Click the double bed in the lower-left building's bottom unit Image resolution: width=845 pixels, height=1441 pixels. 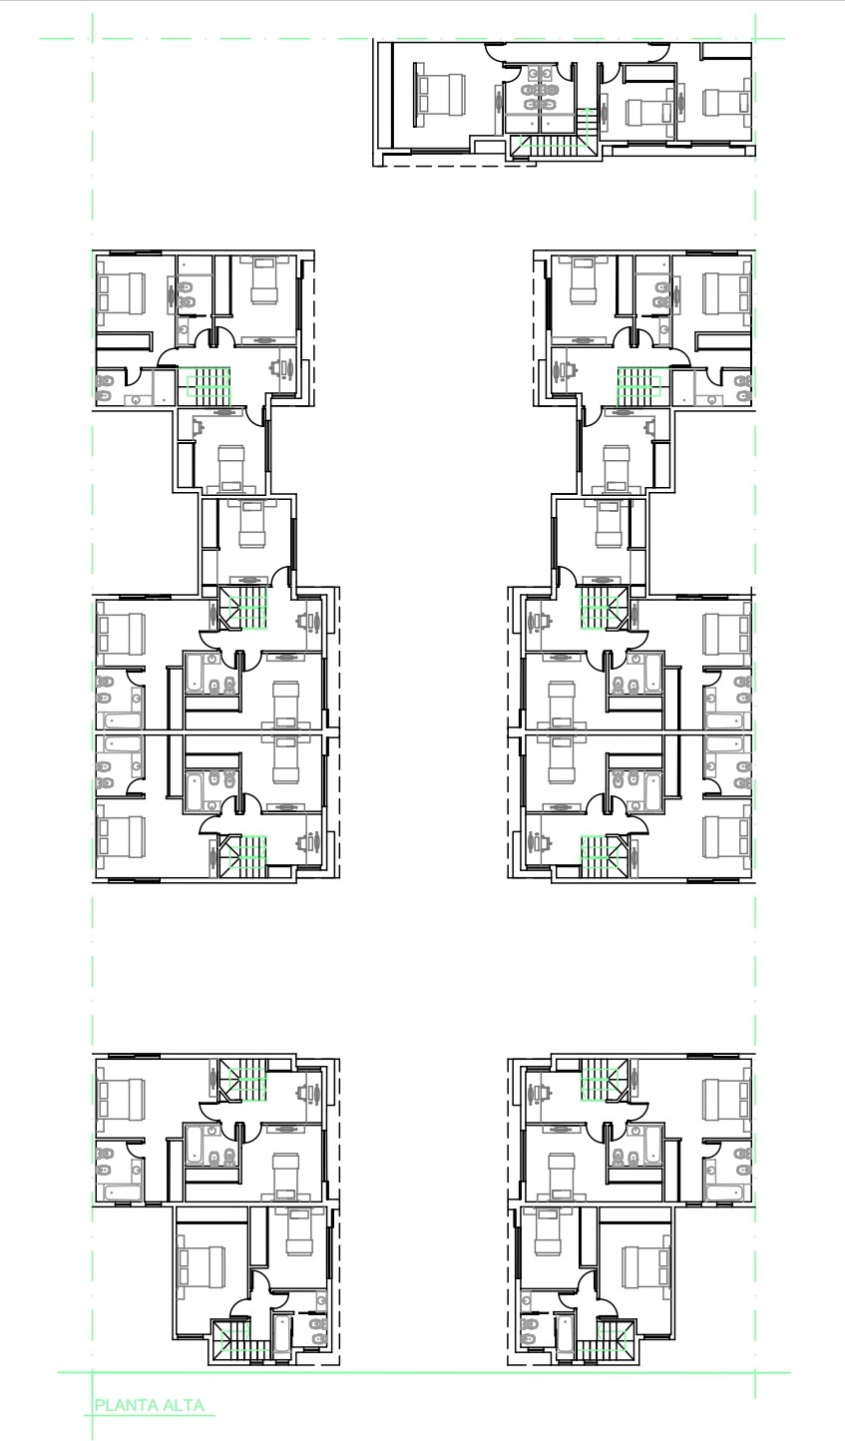[x=202, y=1267]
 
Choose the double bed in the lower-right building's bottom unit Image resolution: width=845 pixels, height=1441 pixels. [x=646, y=1267]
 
